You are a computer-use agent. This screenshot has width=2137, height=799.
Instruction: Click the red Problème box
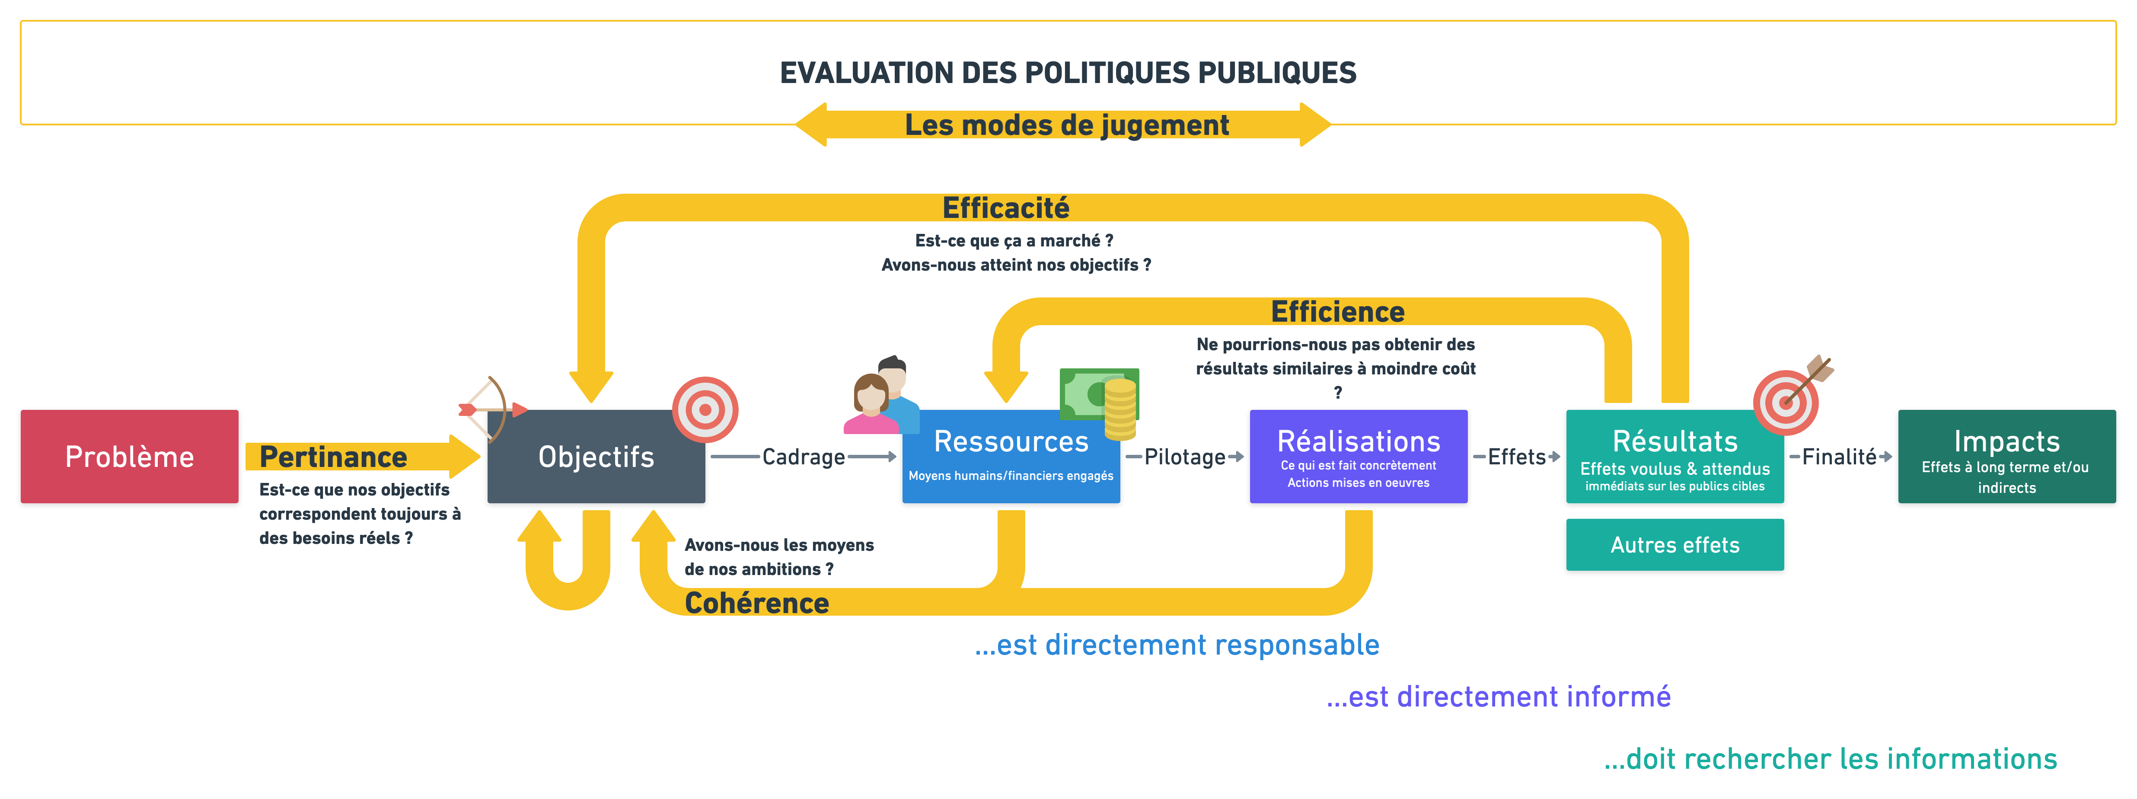pyautogui.click(x=129, y=456)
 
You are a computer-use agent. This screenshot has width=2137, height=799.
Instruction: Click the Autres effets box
pyautogui.click(x=1674, y=545)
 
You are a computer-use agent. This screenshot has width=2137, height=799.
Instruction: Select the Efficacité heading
pyautogui.click(x=1005, y=208)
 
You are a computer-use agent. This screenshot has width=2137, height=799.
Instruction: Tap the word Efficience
pyautogui.click(x=1337, y=312)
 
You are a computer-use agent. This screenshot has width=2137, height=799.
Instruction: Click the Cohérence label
pyautogui.click(x=756, y=603)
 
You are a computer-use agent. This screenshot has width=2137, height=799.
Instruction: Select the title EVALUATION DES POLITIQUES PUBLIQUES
pyautogui.click(x=1068, y=73)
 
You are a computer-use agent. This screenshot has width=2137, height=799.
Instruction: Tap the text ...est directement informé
pyautogui.click(x=1498, y=697)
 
